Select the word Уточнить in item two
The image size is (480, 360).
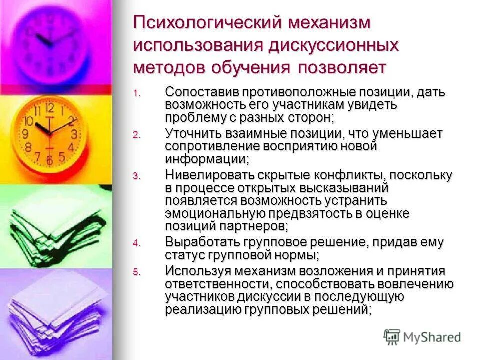click(x=194, y=134)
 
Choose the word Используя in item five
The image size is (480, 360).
click(x=195, y=271)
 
